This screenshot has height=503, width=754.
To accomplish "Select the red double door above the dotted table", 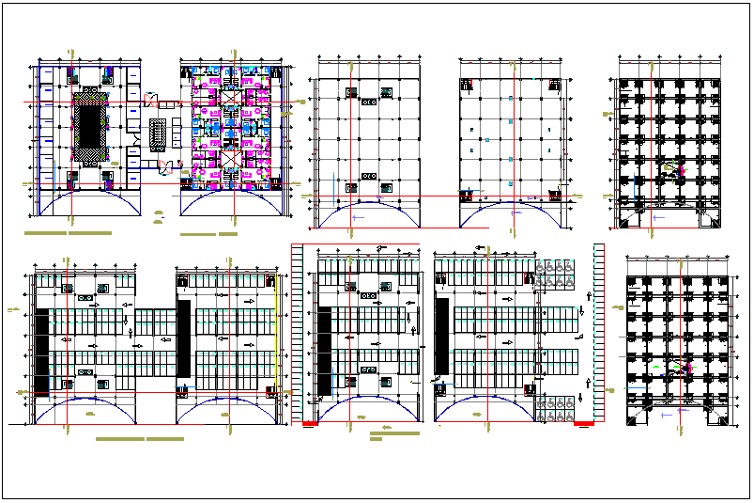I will (x=153, y=92).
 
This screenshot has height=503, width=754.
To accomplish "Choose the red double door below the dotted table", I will (x=167, y=168).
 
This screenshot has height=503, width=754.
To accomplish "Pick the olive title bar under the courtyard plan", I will (x=69, y=232).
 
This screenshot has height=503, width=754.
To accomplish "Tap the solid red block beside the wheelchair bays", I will (x=583, y=423).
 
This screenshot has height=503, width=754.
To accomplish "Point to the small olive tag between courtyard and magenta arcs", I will (x=159, y=217).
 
